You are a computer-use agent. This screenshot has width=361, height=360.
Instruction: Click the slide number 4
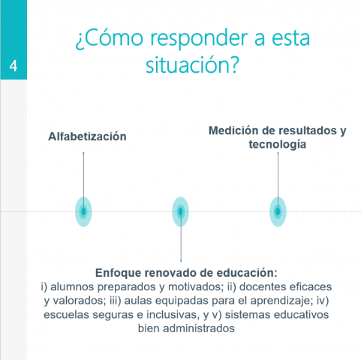click(14, 66)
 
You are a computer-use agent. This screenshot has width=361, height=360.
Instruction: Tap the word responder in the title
click(200, 40)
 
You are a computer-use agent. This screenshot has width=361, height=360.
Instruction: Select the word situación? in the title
click(192, 64)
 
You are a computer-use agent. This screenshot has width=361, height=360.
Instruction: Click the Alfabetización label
click(87, 136)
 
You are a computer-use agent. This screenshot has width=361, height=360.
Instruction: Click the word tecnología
click(278, 145)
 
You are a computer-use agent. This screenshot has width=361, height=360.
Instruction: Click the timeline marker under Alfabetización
click(83, 211)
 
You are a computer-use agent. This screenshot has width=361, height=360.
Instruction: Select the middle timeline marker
click(180, 211)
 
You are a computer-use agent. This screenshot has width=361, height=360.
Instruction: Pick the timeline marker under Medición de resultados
click(278, 211)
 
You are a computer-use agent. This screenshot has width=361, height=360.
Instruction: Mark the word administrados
click(199, 328)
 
